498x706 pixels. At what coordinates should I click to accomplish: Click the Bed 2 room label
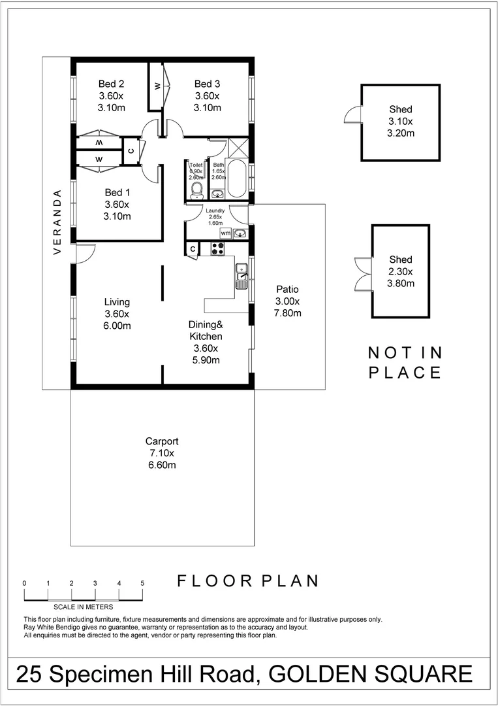pyautogui.click(x=111, y=84)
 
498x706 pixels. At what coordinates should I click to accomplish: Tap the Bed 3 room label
pyautogui.click(x=207, y=84)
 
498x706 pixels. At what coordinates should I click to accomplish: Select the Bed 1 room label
pyautogui.click(x=118, y=192)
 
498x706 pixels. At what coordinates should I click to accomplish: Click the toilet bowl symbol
pyautogui.click(x=196, y=189)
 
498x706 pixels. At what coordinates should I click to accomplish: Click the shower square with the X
pyautogui.click(x=238, y=148)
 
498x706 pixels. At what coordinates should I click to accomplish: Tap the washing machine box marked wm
pyautogui.click(x=225, y=233)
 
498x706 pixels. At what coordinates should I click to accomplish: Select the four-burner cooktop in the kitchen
pyautogui.click(x=217, y=248)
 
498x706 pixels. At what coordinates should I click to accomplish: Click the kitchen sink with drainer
pyautogui.click(x=241, y=276)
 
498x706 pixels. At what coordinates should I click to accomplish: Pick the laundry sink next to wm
pyautogui.click(x=240, y=233)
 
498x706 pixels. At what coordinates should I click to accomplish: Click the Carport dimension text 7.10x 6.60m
pyautogui.click(x=162, y=459)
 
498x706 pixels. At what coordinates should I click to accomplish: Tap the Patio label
pyautogui.click(x=287, y=289)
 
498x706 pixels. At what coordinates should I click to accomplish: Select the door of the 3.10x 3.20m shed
pyautogui.click(x=353, y=115)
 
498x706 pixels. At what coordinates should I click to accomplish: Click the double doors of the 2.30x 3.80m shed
pyautogui.click(x=361, y=273)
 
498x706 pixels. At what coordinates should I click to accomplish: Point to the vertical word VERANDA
pyautogui.click(x=57, y=222)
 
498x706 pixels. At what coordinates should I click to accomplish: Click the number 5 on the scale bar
pyautogui.click(x=142, y=583)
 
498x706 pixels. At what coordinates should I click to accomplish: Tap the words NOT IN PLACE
pyautogui.click(x=405, y=362)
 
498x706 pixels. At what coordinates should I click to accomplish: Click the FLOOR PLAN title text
pyautogui.click(x=248, y=580)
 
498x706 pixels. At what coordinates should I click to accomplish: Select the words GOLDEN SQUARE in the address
pyautogui.click(x=369, y=673)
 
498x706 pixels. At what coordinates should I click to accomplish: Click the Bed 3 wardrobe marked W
pyautogui.click(x=157, y=86)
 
